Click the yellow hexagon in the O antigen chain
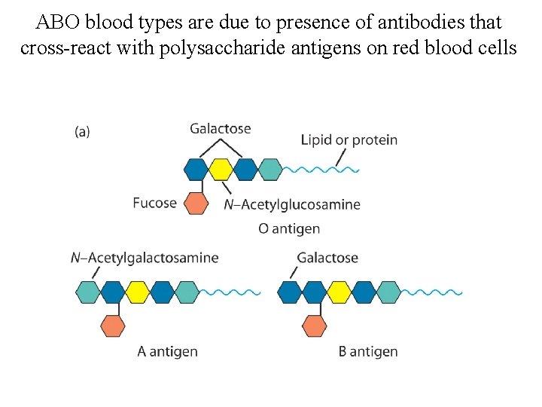220,170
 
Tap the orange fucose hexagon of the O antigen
196,203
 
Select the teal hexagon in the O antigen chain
269,170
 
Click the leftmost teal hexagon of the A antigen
88,292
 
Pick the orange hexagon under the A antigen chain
112,326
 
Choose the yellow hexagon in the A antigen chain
137,292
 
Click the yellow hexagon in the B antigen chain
339,292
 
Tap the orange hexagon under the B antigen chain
314,326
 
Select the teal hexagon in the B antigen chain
388,292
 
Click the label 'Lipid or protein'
349,139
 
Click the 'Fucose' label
154,203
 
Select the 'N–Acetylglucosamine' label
292,204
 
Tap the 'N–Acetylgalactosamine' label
145,258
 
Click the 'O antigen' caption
289,228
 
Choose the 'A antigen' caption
167,351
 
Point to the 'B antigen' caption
368,351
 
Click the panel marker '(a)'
82,131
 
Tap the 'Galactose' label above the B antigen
327,258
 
